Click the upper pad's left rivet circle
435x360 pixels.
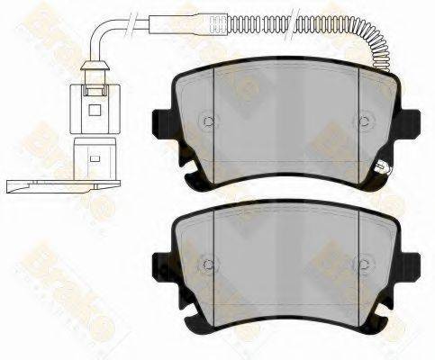(207, 121)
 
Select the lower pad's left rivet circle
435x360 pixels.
(207, 264)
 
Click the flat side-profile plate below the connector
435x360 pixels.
(54, 185)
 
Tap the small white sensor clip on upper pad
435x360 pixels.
(382, 165)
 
